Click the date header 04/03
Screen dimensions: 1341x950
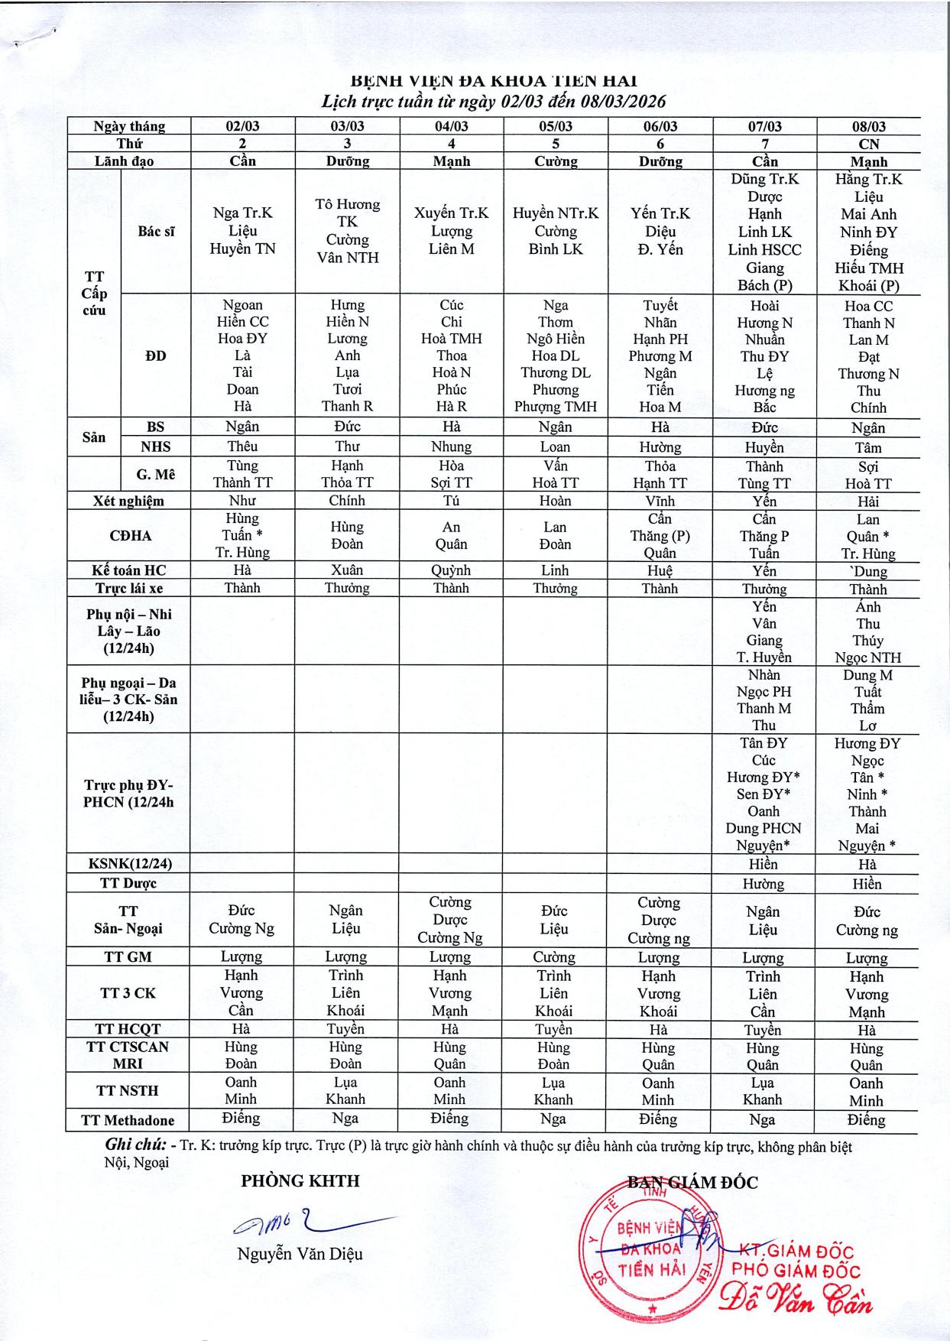coord(451,126)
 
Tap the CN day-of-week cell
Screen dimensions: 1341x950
coord(869,144)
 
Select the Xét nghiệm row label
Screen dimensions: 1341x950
coord(128,501)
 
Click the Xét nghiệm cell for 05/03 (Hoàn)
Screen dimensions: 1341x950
coord(555,501)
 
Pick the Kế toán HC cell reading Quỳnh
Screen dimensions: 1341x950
coord(451,570)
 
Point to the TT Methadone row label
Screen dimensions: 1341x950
coord(128,1120)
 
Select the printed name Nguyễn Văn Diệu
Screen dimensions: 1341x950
coord(300,1254)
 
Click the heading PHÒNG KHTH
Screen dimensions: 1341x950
coord(300,1181)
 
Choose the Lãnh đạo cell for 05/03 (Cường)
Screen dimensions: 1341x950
coord(555,161)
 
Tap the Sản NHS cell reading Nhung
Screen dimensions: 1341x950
coord(451,446)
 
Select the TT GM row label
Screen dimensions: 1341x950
coord(128,956)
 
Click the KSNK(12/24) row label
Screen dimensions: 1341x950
coord(128,864)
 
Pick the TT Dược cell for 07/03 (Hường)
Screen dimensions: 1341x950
coord(764,884)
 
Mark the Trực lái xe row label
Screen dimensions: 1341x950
coord(128,588)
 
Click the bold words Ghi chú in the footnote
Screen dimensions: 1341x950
coord(135,1145)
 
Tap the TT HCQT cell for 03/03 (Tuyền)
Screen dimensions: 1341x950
coord(346,1029)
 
